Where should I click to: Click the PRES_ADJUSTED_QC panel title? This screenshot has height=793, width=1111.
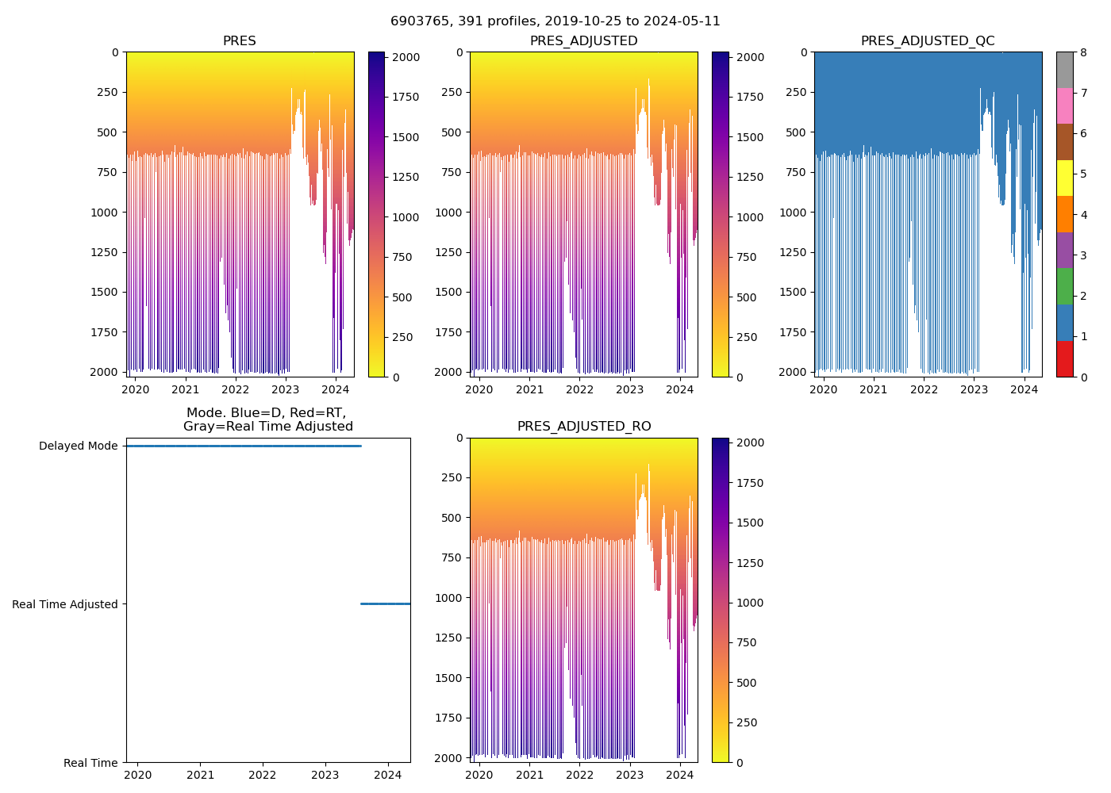coord(928,41)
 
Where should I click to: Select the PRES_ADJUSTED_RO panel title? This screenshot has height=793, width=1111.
coord(584,427)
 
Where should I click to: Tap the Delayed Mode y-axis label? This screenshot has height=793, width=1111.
coord(78,446)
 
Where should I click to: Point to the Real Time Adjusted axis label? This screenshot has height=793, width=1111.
coord(65,604)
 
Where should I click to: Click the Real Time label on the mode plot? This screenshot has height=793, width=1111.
coord(90,763)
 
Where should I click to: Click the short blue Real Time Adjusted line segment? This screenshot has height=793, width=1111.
coord(385,604)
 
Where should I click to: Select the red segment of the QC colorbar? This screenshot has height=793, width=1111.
coord(1064,358)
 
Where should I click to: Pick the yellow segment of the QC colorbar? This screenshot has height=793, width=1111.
coord(1064,178)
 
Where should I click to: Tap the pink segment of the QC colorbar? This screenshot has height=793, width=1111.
coord(1064,105)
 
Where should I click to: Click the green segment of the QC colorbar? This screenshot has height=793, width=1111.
coord(1064,286)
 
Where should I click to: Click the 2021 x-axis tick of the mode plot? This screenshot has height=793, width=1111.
coord(200,775)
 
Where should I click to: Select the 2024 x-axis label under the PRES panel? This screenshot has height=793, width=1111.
coord(336,389)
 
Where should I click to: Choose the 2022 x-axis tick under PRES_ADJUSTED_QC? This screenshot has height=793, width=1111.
coord(924,389)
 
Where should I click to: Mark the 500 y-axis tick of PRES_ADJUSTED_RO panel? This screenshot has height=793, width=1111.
coord(453,518)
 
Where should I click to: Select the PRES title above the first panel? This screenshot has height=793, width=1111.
coord(239,41)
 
